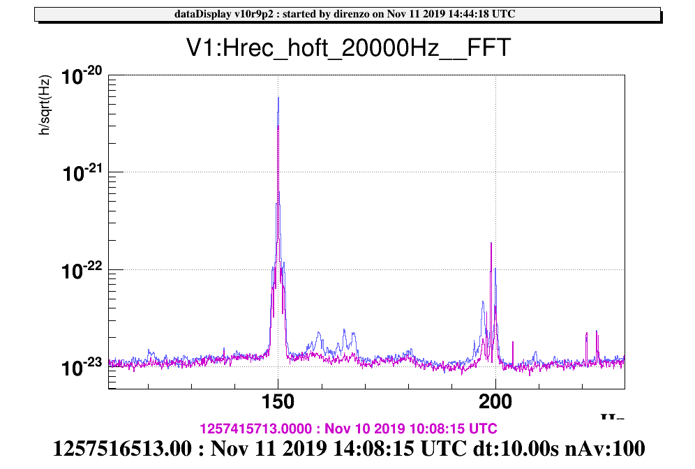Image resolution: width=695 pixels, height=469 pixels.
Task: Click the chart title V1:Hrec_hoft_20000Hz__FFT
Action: pyautogui.click(x=347, y=48)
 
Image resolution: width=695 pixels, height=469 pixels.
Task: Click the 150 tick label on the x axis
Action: pyautogui.click(x=278, y=403)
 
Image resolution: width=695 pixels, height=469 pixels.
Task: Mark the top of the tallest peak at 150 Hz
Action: pyautogui.click(x=278, y=98)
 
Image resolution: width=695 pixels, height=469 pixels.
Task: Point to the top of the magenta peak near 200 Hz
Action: pyautogui.click(x=491, y=243)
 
